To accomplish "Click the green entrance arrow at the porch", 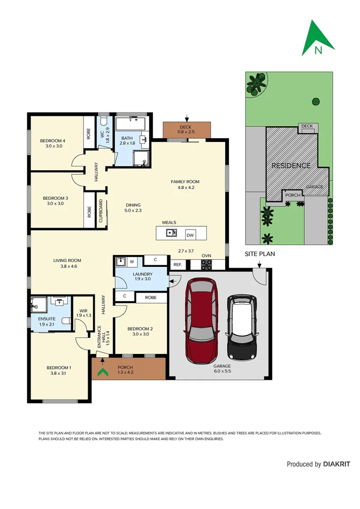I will click(x=101, y=372).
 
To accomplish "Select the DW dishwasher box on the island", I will click(x=190, y=235).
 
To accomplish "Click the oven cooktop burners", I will click(x=206, y=265).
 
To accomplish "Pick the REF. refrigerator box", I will click(x=177, y=265).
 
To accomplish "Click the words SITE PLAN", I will click(x=260, y=254).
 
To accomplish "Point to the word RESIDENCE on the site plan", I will click(x=291, y=165).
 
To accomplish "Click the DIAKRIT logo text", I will click(x=336, y=464).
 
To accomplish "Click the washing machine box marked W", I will click(x=131, y=261).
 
